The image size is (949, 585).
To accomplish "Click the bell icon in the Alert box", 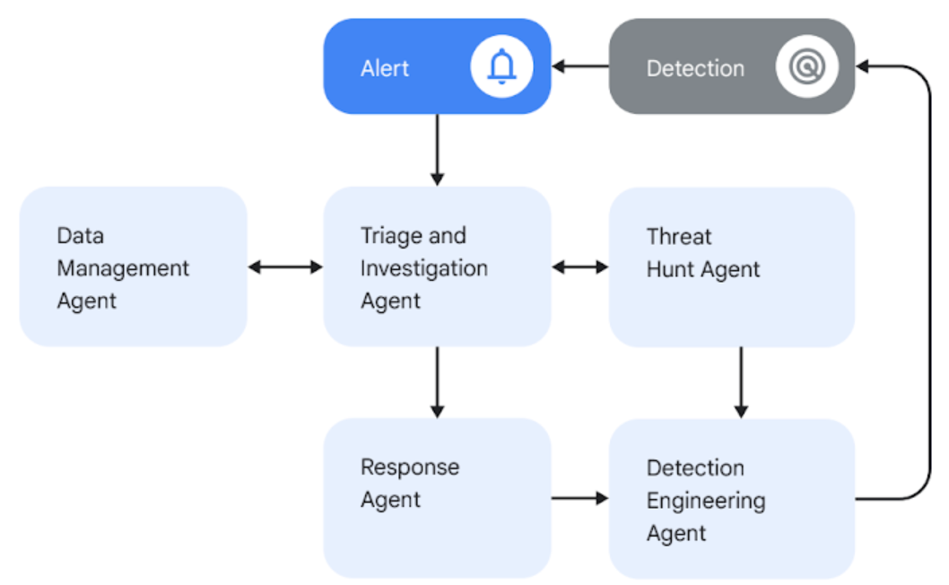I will [501, 67].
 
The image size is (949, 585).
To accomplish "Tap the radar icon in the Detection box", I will [806, 67].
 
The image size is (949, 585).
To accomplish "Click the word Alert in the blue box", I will [385, 68].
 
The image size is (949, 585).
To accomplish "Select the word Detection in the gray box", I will [695, 68].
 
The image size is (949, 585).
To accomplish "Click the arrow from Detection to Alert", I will [579, 66].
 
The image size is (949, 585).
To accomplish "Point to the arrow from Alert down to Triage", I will [437, 149].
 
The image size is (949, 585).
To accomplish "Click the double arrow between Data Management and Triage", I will [284, 266].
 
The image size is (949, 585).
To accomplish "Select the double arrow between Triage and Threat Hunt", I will [579, 266].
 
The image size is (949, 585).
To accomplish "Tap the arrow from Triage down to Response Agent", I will [437, 381].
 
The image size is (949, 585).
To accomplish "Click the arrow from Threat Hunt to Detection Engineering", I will [740, 381].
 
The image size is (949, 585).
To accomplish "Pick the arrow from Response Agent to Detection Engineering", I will [579, 498].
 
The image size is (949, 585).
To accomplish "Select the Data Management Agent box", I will [133, 266].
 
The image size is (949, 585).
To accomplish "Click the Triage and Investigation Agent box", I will [437, 266].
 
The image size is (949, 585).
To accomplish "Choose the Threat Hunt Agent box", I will [731, 266].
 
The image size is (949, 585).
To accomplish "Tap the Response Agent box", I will [437, 498].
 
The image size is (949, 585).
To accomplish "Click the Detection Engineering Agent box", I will [731, 498].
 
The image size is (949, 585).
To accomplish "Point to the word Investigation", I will [424, 268].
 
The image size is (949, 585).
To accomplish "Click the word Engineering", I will [706, 501].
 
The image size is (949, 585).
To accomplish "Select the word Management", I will [123, 268].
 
